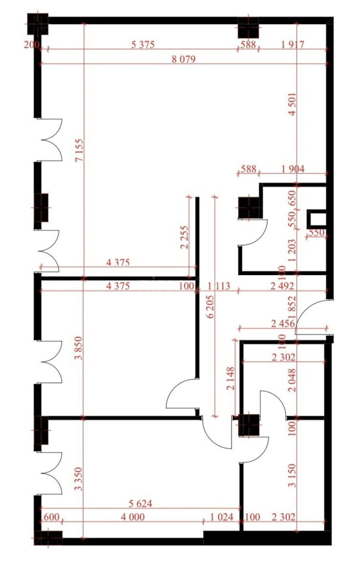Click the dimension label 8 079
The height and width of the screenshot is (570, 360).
point(183,59)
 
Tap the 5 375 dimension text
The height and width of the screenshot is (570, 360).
point(143,45)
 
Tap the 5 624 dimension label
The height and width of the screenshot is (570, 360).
point(140,503)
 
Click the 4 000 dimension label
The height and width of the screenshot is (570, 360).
point(132,517)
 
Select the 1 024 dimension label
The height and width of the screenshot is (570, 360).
point(221,517)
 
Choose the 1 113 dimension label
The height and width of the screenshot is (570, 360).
point(218,286)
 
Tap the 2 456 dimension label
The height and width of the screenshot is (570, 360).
point(283,323)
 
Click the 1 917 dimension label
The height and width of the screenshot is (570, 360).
point(293,45)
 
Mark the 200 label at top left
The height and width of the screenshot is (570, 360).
point(31,45)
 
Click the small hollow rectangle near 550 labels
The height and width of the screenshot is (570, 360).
point(316,219)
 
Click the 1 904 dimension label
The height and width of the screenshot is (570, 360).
point(293,169)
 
